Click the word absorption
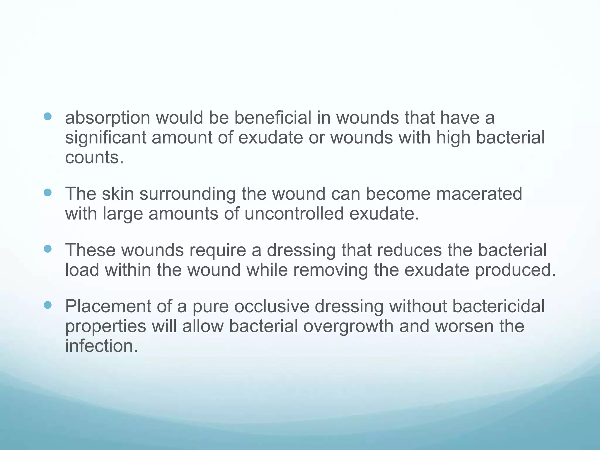[x=107, y=118]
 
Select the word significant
[x=105, y=138]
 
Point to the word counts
[x=94, y=157]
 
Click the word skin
[x=118, y=194]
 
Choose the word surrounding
[x=187, y=194]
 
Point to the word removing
[x=330, y=270]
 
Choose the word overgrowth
[x=348, y=326]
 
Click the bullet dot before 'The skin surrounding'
[x=47, y=192]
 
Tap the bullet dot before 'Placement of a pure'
[x=47, y=305]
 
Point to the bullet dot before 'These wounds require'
[x=47, y=249]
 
